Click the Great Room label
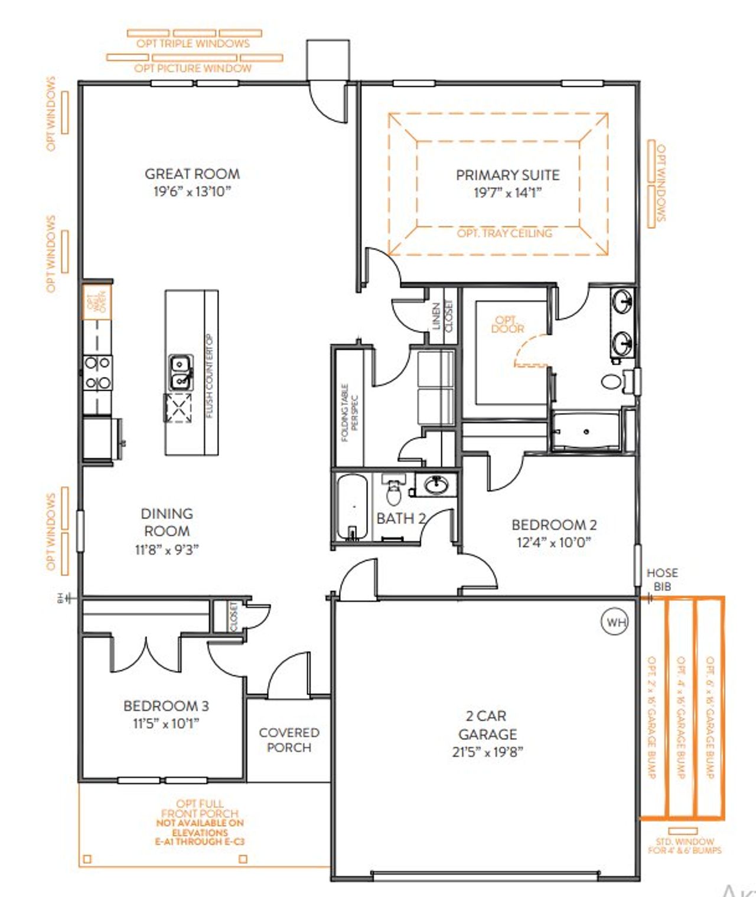pos(192,174)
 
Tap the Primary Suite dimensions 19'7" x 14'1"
pos(507,192)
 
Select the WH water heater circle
pos(615,622)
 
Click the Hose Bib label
pos(662,580)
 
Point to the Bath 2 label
pos(401,519)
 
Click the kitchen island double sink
pos(181,372)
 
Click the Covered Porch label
pos(289,740)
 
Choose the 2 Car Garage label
pos(487,725)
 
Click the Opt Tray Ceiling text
pos(504,233)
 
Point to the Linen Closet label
pos(442,316)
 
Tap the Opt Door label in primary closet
pos(507,325)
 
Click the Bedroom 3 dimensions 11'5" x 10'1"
pos(166,724)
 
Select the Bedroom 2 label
pos(553,525)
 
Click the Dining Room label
pos(167,522)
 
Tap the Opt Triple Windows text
pos(193,44)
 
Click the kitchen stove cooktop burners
pos(97,373)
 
